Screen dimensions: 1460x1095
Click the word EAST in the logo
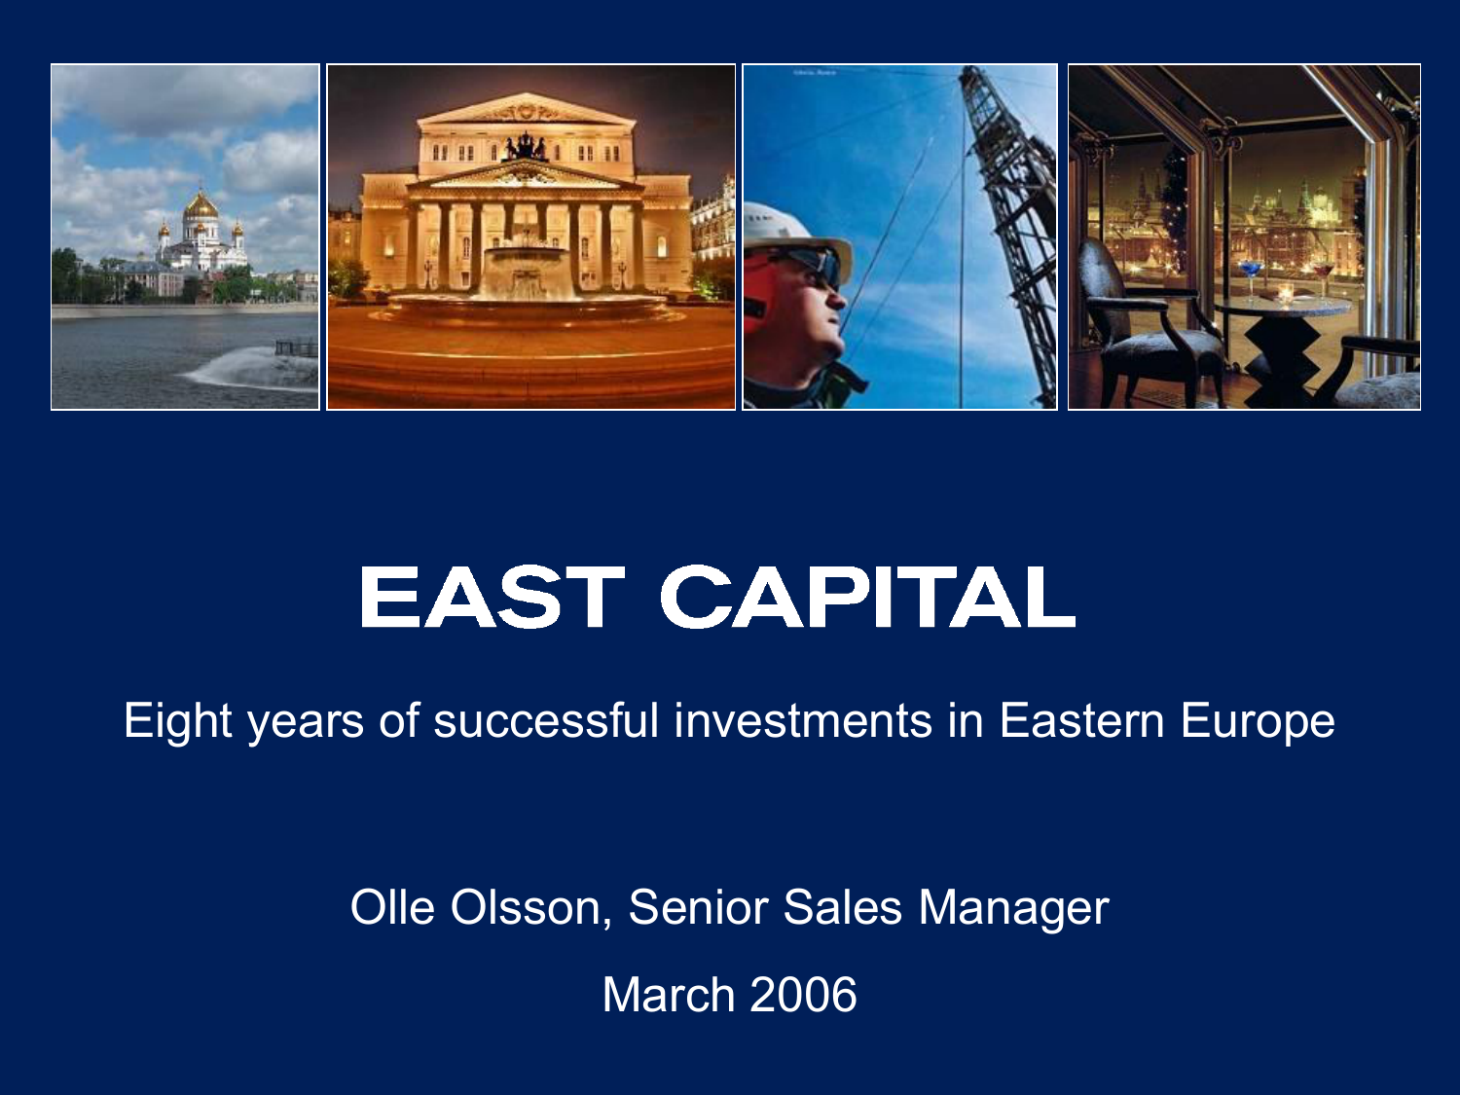(x=492, y=597)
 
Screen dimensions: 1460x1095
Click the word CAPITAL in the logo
(x=867, y=597)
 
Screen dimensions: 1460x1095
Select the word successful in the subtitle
(x=545, y=720)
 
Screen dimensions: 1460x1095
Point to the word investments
(x=803, y=720)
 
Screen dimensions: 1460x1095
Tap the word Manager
(x=1013, y=909)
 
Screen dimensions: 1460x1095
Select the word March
(x=668, y=995)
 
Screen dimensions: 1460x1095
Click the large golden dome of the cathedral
(x=201, y=206)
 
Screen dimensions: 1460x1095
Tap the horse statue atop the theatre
(x=526, y=146)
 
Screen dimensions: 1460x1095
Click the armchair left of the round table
(x=1150, y=319)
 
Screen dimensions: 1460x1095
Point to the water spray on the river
(x=253, y=369)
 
